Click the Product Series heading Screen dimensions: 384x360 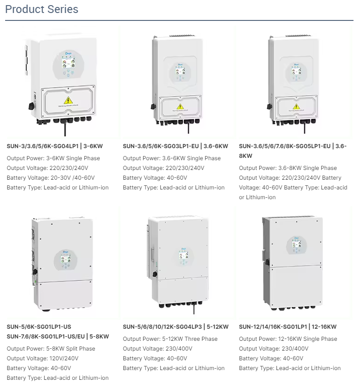[42, 9]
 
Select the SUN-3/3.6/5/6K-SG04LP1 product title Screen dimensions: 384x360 [55, 146]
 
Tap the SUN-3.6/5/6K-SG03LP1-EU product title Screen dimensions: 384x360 [175, 146]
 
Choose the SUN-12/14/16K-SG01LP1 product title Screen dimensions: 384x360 [288, 327]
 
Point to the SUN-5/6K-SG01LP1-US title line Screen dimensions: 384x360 [39, 327]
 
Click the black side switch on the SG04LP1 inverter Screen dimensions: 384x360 [32, 105]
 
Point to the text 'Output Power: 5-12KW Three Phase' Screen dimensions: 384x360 [170, 339]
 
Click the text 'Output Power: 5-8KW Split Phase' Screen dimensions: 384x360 [51, 349]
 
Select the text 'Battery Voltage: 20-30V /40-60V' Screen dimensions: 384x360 [53, 178]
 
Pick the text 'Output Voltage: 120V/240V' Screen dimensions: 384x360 [43, 358]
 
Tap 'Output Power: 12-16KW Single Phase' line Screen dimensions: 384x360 [288, 339]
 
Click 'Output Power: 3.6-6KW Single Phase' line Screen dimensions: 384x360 [172, 158]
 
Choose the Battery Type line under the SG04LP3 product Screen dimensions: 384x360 [173, 368]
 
